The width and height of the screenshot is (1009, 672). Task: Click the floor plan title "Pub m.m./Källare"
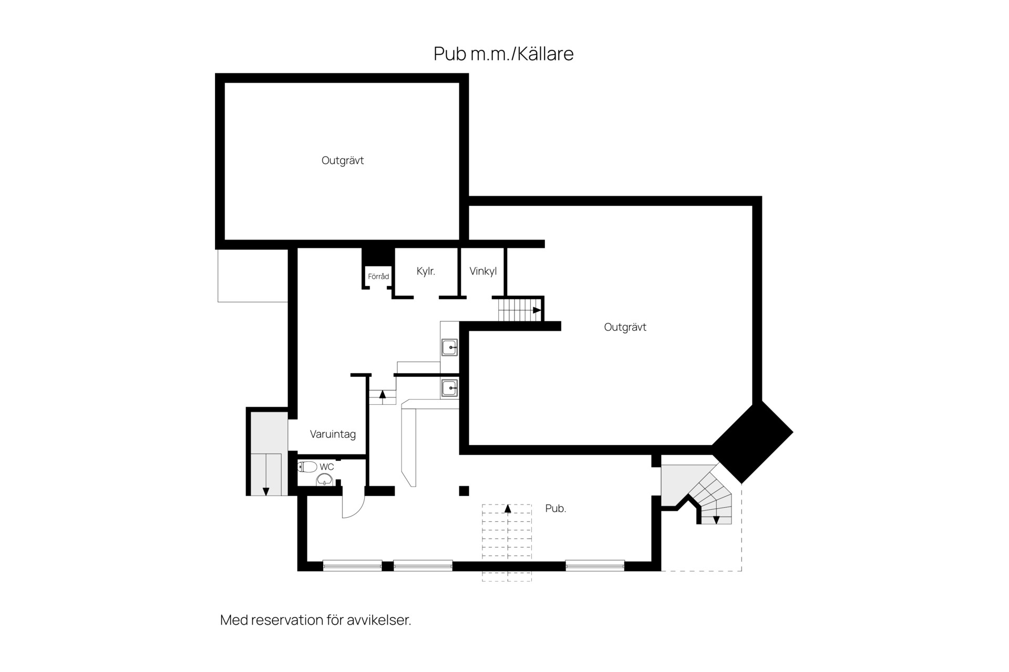tap(503, 54)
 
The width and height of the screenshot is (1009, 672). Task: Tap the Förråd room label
tap(378, 276)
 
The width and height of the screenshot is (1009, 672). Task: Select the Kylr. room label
tap(426, 271)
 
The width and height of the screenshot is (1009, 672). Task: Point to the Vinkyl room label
tap(483, 271)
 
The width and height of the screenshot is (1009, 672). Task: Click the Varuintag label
tap(333, 435)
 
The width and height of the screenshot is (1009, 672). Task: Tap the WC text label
tap(326, 467)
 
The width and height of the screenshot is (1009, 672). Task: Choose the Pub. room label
tap(555, 508)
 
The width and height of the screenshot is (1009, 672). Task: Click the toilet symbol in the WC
tap(307, 467)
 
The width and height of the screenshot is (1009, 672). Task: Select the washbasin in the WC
tap(325, 479)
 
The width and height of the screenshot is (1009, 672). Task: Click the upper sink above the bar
tap(450, 348)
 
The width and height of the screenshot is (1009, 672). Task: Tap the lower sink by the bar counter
tap(450, 388)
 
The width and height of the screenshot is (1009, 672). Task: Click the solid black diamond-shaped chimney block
tap(752, 442)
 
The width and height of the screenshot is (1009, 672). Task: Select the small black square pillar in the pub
tap(464, 491)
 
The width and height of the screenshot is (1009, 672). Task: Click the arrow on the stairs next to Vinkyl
tap(537, 310)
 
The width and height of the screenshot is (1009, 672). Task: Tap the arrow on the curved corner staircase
tap(716, 520)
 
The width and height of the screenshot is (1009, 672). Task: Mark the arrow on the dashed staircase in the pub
tap(508, 508)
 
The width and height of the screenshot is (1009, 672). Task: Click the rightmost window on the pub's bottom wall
tap(595, 566)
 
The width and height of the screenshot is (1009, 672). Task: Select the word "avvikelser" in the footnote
tap(379, 620)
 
